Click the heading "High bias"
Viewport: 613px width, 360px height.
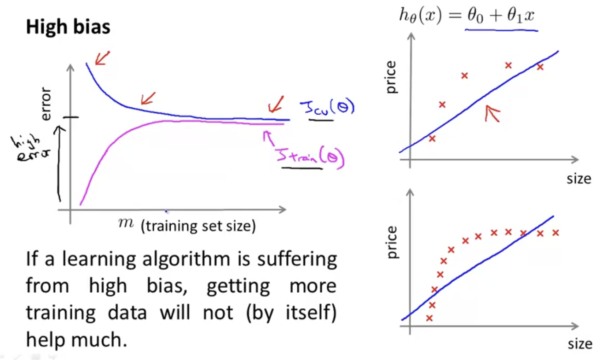click(x=68, y=28)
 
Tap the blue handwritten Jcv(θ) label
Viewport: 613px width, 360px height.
click(x=327, y=109)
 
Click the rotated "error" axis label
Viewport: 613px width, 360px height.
click(x=46, y=104)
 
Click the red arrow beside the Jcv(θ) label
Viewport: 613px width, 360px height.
click(x=276, y=105)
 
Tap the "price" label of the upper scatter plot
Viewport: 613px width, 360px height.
click(x=391, y=78)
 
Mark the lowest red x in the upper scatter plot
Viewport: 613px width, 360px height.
click(x=432, y=138)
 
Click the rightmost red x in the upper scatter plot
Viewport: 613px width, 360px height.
click(x=540, y=67)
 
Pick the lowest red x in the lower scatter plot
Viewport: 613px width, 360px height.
click(x=429, y=318)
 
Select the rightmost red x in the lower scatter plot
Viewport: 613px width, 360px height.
click(x=555, y=232)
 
